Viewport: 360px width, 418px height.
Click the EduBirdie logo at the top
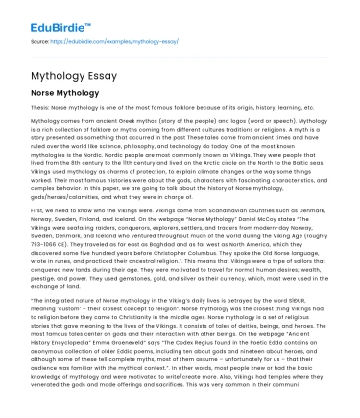[x=45, y=14]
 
